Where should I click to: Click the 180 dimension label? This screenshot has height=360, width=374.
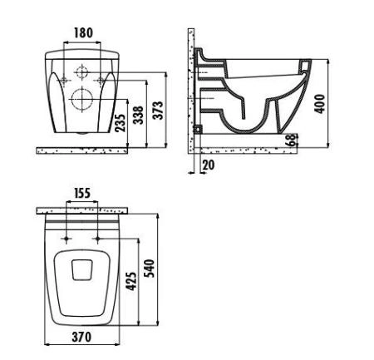83,34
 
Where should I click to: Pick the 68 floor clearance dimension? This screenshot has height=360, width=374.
293,141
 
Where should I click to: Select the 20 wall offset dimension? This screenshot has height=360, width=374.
208,165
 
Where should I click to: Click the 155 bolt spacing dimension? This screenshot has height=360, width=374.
82,193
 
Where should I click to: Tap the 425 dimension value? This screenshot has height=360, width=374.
131,283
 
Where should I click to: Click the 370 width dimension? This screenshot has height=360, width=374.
82,337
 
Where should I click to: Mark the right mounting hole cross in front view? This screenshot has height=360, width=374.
101,81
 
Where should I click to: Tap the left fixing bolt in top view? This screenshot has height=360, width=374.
66,239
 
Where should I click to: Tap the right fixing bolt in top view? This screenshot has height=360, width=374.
99,239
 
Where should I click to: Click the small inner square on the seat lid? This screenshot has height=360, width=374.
82,269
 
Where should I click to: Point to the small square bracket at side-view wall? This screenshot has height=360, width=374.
197,131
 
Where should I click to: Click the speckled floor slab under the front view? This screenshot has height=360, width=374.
82,151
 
